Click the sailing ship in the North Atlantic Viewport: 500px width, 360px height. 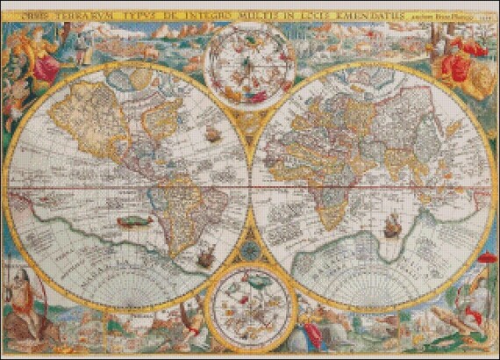coord(211,134)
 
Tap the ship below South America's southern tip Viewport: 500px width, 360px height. coord(204,258)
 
